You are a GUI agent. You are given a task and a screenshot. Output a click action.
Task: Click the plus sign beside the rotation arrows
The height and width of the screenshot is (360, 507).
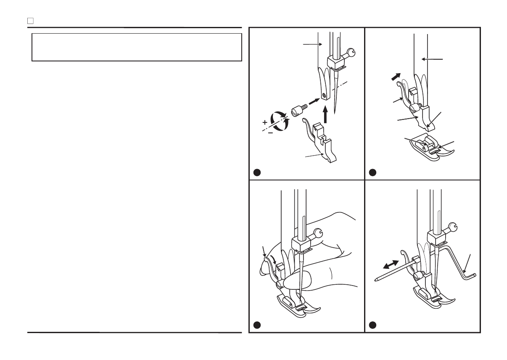[x=265, y=123]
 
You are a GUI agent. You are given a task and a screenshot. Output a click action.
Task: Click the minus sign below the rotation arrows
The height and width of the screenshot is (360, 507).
[x=270, y=133]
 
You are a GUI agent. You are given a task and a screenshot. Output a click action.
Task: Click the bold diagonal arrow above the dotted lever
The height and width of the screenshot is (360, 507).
[x=396, y=77]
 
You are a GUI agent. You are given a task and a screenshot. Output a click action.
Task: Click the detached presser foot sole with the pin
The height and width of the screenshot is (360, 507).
[x=429, y=148]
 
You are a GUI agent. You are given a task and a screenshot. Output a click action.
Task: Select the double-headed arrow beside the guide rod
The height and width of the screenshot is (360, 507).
[x=391, y=265]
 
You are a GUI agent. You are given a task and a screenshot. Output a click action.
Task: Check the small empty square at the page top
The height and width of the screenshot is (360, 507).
[x=30, y=21]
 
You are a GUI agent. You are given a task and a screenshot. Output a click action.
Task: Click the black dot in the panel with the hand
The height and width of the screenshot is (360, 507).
[x=257, y=325]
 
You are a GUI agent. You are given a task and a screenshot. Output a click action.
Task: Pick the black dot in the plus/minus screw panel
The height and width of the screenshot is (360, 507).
[x=257, y=172]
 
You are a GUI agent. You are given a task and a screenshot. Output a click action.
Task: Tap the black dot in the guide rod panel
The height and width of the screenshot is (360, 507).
[x=372, y=325]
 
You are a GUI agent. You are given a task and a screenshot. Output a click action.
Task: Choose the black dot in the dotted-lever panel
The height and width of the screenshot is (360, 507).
[x=372, y=172]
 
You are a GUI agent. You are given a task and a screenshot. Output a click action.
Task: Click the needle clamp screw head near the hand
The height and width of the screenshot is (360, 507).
[x=319, y=233]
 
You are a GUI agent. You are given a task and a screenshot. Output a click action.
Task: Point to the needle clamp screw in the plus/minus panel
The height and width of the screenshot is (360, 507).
[x=351, y=53]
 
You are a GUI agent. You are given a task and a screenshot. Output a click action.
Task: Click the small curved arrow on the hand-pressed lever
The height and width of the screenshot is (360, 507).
[x=275, y=260]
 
